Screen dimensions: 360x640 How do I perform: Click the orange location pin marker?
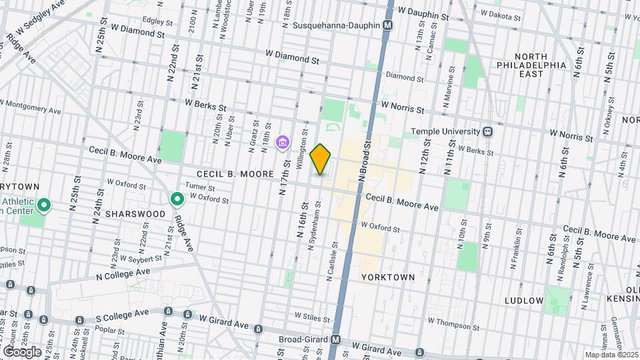321,159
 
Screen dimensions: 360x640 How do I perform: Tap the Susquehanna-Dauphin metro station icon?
388,25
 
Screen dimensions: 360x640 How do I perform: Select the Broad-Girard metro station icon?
336,339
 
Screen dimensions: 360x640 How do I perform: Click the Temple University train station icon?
488,131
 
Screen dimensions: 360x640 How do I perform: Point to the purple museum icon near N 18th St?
283,142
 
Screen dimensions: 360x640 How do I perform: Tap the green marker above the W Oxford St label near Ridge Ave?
177,199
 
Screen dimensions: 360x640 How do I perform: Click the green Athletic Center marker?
44,205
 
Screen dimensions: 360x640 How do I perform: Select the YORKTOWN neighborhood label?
388,277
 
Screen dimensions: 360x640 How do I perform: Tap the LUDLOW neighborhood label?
523,301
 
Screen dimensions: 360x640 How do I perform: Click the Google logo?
23,351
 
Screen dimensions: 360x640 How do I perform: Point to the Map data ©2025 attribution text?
611,355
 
